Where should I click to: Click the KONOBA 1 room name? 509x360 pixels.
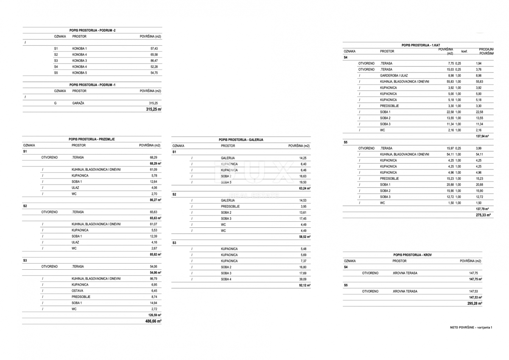79,49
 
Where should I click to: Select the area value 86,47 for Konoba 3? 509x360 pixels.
151,61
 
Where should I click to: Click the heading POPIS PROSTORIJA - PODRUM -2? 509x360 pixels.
92,31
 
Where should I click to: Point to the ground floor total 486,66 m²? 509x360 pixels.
153,321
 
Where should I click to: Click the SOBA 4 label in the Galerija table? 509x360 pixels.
226,279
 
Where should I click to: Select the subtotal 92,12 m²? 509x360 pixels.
305,285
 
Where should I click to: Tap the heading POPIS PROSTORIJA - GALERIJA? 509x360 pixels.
241,140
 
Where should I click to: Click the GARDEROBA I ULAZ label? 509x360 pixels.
395,75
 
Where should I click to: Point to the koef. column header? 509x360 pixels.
464,51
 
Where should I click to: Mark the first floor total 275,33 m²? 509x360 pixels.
483,215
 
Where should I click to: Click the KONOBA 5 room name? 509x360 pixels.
79,73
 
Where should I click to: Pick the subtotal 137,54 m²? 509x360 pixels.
483,136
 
